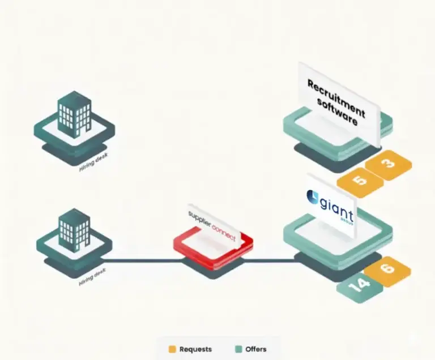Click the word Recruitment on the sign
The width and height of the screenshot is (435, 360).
[336, 95]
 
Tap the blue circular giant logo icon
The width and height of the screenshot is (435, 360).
[313, 197]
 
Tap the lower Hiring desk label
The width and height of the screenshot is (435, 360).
[92, 275]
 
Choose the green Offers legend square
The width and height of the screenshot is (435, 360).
[237, 349]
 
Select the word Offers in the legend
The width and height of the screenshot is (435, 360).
[256, 349]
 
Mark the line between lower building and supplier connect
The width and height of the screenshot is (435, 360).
[142, 261]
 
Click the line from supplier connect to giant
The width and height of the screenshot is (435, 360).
[272, 261]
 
